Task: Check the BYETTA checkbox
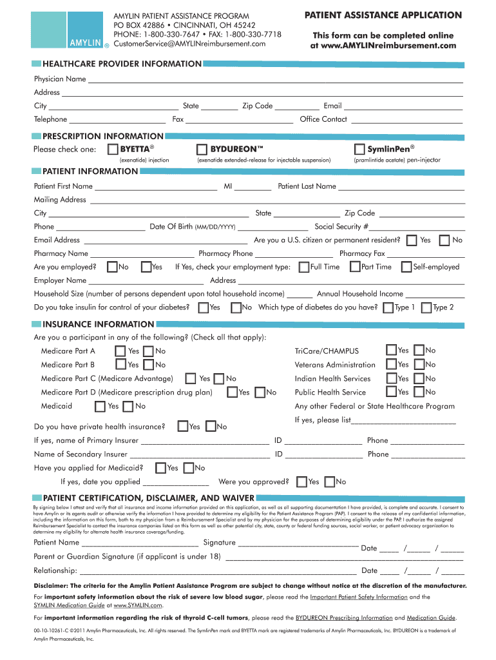click(113, 150)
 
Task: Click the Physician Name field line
click(275, 80)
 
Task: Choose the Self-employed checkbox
click(406, 267)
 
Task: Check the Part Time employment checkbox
click(355, 267)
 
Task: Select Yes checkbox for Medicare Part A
click(120, 351)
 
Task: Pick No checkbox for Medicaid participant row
click(128, 406)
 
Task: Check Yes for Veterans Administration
click(391, 365)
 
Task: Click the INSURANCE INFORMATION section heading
click(98, 324)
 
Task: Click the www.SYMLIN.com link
click(138, 606)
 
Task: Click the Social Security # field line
click(417, 228)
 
